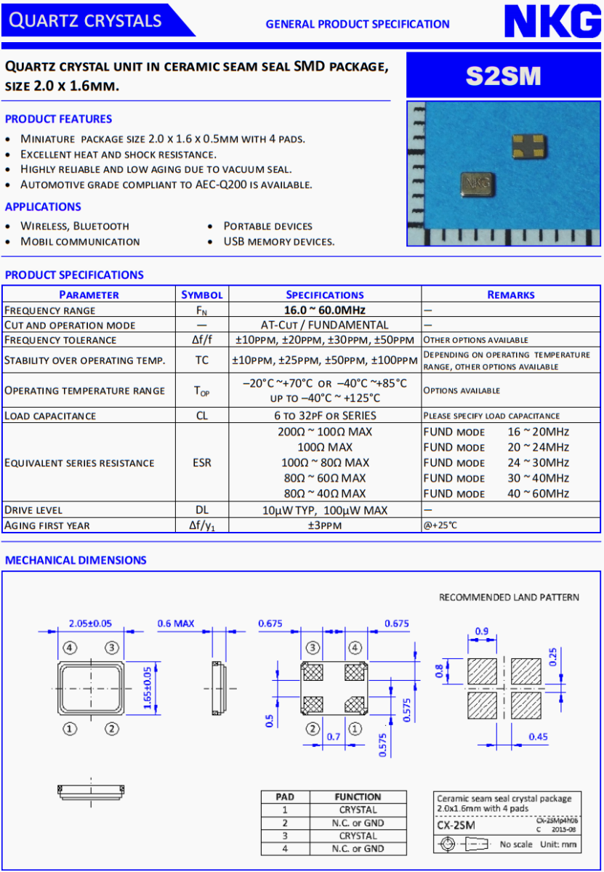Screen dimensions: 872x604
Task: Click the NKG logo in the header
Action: click(x=552, y=23)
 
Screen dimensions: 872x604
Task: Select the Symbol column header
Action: click(x=201, y=294)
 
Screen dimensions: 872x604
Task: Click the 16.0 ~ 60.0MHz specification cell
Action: click(x=324, y=310)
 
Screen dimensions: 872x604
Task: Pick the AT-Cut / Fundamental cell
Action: click(x=324, y=325)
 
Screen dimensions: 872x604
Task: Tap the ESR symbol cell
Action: click(x=201, y=463)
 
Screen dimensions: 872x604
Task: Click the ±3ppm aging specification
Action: click(x=324, y=525)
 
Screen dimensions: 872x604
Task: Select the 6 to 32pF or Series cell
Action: click(x=324, y=416)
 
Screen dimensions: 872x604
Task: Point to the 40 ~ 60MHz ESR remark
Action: click(x=538, y=493)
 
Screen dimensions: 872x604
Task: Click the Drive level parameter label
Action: click(x=33, y=510)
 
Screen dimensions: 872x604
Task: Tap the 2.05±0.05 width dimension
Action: click(x=90, y=623)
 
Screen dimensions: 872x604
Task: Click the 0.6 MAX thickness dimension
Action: click(x=176, y=623)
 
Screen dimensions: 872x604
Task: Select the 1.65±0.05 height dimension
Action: click(x=148, y=686)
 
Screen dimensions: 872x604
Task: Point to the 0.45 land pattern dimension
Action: click(x=538, y=737)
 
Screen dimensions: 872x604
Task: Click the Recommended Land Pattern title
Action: click(x=509, y=597)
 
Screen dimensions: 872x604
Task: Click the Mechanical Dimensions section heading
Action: click(x=76, y=560)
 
